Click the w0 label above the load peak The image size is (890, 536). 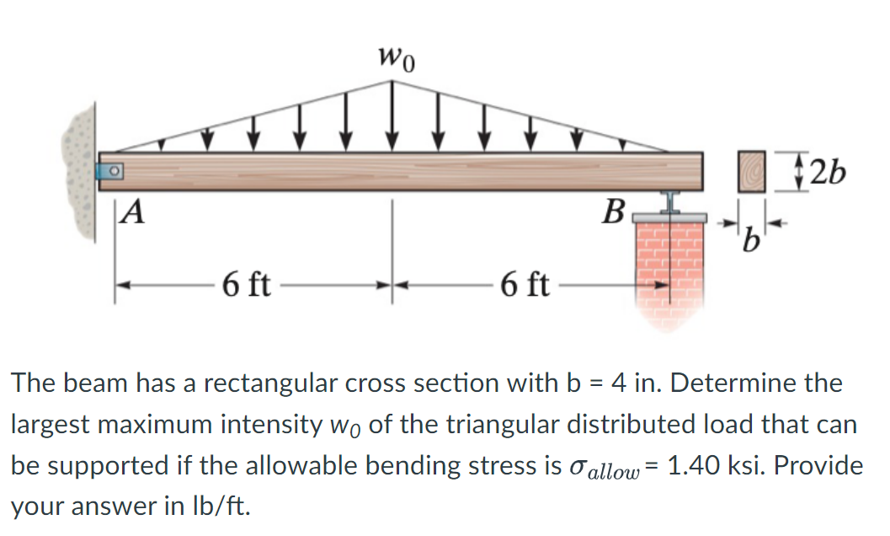(x=397, y=58)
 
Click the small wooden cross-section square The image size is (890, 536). (x=752, y=171)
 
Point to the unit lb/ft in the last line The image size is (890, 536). (x=222, y=507)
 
